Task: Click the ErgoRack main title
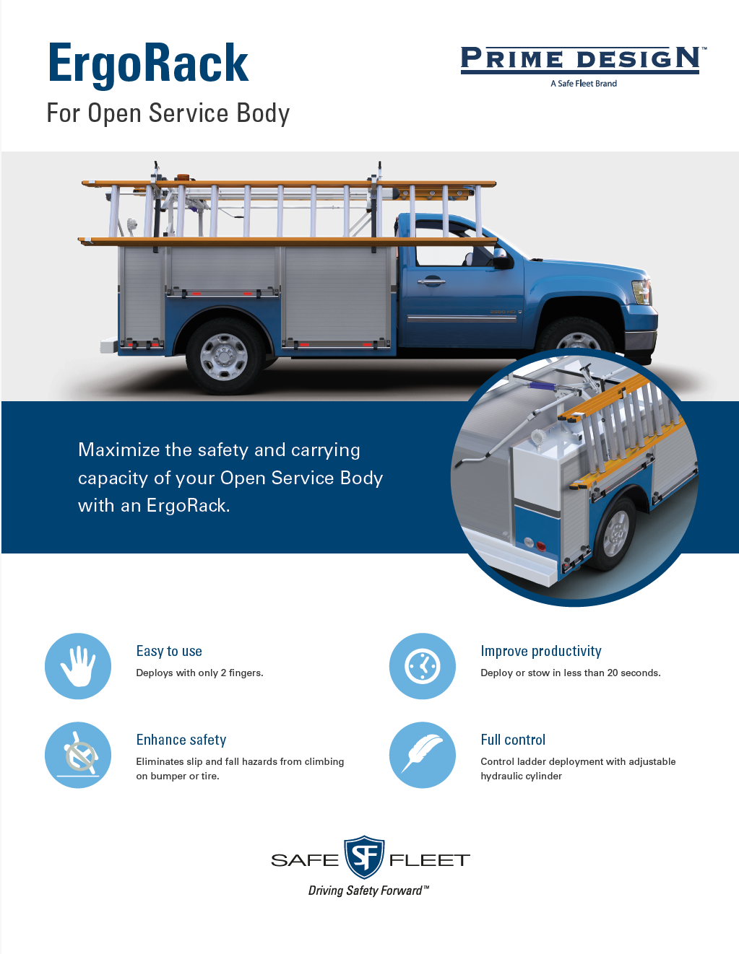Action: [148, 64]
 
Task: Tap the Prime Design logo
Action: [580, 59]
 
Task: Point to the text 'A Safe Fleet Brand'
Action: [584, 84]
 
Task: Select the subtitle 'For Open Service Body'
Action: [168, 113]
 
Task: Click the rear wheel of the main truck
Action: [224, 356]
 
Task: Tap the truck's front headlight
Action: [641, 292]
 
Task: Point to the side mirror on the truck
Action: [499, 258]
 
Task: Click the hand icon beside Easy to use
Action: [78, 666]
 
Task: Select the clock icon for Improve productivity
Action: [423, 666]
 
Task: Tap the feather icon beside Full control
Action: [423, 755]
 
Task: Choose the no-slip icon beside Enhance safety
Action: [78, 755]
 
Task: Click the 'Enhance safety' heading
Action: [181, 740]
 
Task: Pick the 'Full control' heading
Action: [513, 740]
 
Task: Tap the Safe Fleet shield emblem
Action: [364, 857]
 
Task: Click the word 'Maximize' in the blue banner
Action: [118, 450]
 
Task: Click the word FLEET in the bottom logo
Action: [429, 860]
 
